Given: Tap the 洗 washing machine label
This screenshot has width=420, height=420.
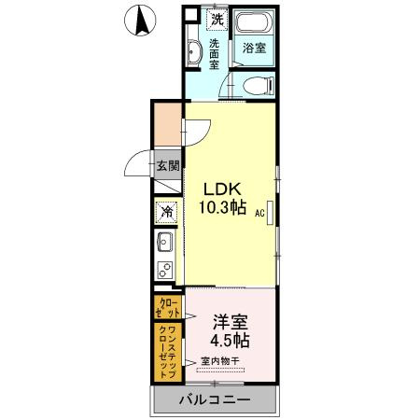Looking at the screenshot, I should (x=217, y=18).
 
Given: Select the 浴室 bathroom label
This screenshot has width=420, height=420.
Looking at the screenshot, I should (x=254, y=46).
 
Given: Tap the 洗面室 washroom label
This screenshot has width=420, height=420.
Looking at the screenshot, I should (x=214, y=55).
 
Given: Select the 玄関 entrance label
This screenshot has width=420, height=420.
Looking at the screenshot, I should (x=168, y=168).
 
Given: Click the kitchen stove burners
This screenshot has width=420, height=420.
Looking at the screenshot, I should (x=165, y=272).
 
